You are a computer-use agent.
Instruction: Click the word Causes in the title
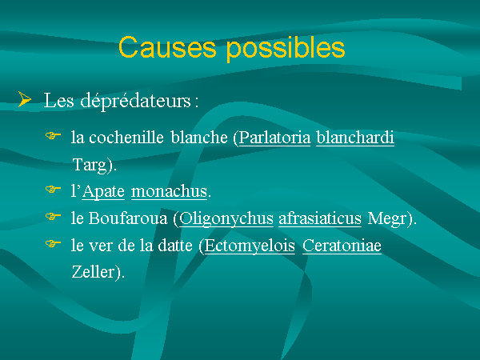point(167,47)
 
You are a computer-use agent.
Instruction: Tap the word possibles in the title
point(286,49)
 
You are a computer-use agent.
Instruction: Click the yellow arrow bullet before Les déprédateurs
point(25,99)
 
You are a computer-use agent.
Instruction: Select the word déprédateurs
point(136,101)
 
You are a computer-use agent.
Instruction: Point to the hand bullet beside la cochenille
point(53,136)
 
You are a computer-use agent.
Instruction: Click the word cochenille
point(126,137)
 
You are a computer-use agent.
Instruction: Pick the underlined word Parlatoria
point(274,138)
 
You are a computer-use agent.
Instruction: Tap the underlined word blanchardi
point(355,138)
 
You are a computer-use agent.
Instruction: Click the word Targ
point(90,166)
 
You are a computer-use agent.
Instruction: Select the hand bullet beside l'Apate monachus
point(53,190)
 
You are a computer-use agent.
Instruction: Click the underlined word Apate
point(103,192)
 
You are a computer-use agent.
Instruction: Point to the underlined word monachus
point(170,191)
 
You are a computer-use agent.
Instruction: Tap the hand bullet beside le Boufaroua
point(53,217)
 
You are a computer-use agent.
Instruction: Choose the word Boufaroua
point(128,218)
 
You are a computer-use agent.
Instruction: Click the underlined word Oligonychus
point(226,219)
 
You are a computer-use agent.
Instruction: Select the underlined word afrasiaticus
point(320,218)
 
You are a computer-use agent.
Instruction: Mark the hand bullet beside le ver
point(53,244)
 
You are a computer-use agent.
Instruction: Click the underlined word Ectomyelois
point(250,246)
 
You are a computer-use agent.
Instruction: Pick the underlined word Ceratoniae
point(342,246)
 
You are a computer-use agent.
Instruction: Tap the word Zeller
point(93,272)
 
